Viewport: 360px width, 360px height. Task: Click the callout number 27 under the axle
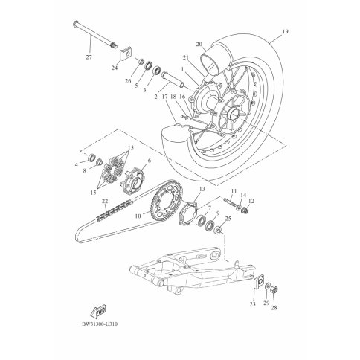pos(89,57)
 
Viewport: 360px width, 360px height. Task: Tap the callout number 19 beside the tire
pos(285,31)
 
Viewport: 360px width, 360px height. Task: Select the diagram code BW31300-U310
pos(100,324)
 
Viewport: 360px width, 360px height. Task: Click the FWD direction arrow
pos(98,310)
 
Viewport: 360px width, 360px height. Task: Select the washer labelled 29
pos(268,286)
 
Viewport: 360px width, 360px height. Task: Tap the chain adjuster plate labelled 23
pos(259,282)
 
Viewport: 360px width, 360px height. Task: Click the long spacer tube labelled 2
pos(173,80)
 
